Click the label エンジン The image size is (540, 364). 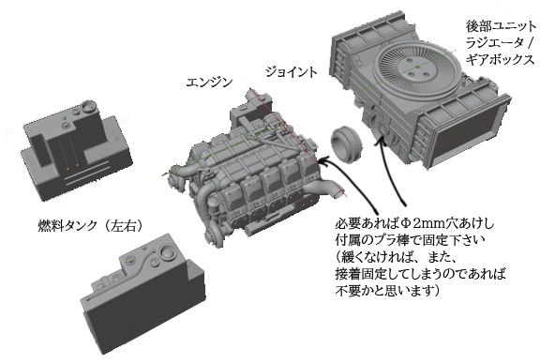(x=208, y=83)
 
